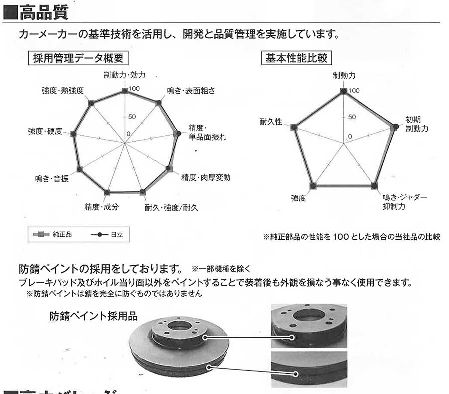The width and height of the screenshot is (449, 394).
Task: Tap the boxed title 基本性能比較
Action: pos(296,58)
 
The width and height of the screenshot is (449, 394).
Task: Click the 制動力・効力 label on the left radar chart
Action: pos(124,75)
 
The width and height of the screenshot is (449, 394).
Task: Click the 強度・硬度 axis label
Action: pos(45,131)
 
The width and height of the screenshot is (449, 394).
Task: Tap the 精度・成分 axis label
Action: pos(102,206)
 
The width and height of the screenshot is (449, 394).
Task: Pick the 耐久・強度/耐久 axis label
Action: pos(171,207)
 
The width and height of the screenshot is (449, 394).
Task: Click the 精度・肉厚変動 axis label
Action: pos(206,177)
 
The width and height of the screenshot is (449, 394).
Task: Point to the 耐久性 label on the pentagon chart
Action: pos(271,122)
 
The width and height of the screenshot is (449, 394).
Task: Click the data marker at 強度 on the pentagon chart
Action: pos(313,186)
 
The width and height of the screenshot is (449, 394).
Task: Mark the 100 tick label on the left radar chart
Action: pos(134,89)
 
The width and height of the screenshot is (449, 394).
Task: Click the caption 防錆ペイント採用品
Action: pos(93,316)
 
